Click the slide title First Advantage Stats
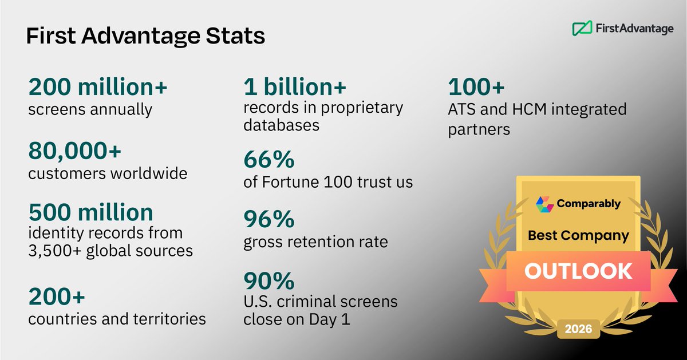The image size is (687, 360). pos(145,36)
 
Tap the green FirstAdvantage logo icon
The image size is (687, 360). pos(582,27)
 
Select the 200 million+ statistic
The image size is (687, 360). pos(98,87)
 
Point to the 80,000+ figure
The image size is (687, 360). pos(75,152)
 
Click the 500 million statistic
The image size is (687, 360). pos(91,212)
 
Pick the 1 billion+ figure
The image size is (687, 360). pos(295,87)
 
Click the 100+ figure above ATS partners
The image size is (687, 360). pos(476,87)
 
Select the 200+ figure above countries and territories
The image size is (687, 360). pos(57,297)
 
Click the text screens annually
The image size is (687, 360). pos(90,109)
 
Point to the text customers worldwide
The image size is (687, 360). pos(108,173)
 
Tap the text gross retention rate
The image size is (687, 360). pos(315,242)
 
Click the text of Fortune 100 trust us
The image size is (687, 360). pos(328,183)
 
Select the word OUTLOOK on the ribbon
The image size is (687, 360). pos(578,271)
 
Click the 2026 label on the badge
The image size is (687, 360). pos(578,330)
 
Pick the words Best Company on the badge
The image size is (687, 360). pos(578,235)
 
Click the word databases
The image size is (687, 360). pos(281,125)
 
